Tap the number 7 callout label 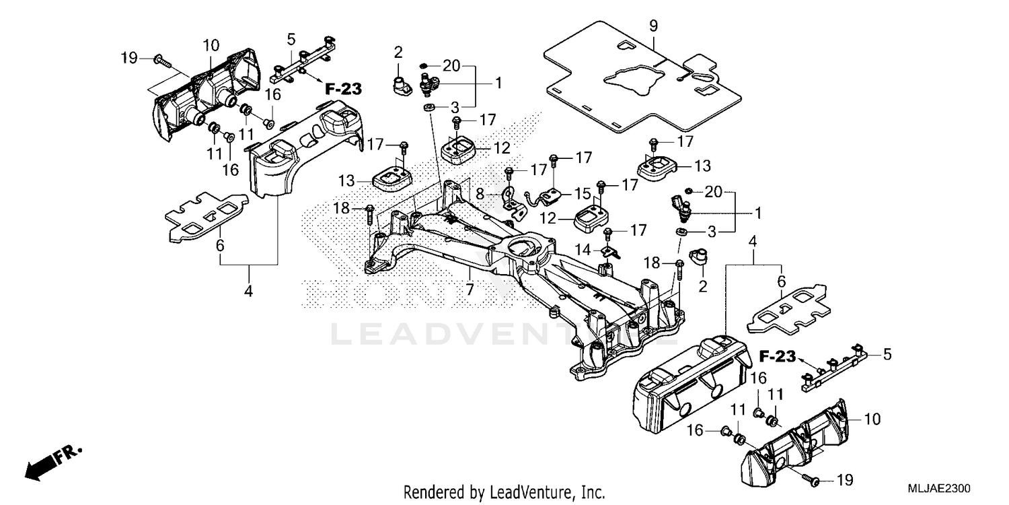470,290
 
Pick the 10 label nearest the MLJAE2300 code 871,419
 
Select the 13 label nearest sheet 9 702,166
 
